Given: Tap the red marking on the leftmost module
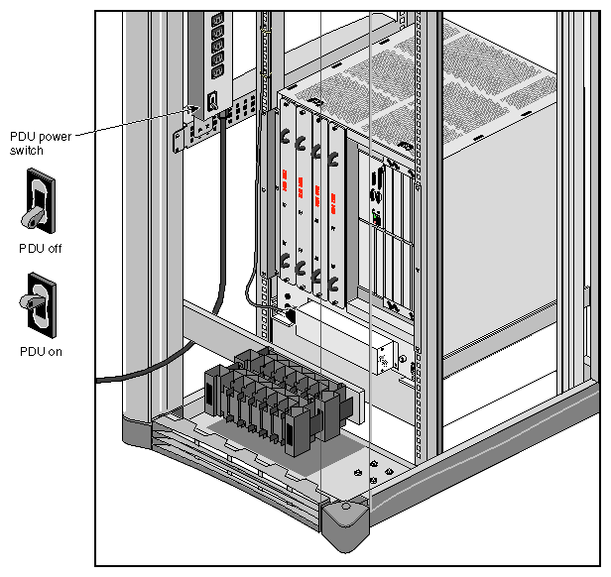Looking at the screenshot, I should [x=285, y=182].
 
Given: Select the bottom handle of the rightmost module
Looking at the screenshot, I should [x=336, y=288].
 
